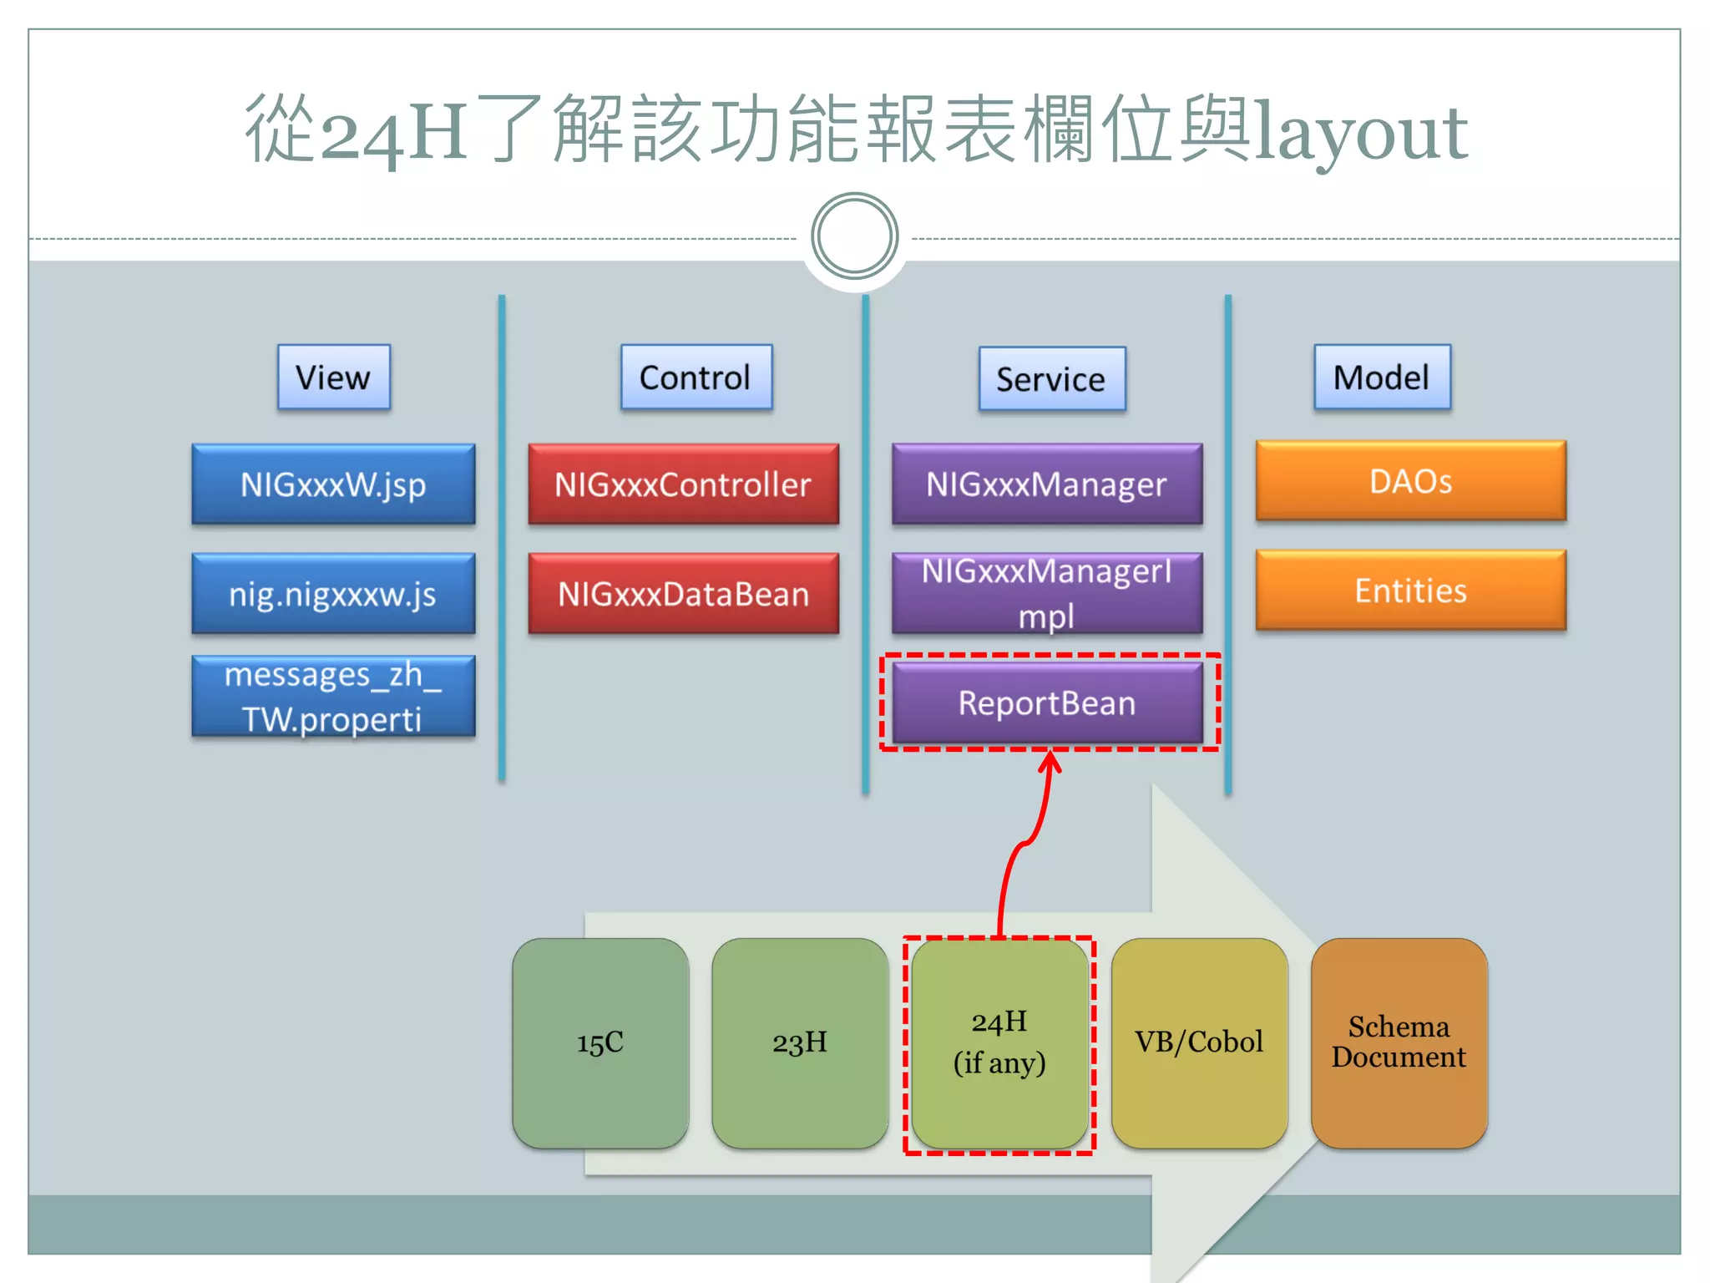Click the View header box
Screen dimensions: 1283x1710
pos(333,378)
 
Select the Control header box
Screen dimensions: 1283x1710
pos(696,378)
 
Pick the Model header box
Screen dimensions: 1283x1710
pos(1382,378)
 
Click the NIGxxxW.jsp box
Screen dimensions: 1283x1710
pos(333,484)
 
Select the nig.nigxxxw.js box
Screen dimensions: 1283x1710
pos(333,594)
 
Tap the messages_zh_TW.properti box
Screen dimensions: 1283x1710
pos(333,697)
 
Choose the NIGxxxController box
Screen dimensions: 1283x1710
pos(683,484)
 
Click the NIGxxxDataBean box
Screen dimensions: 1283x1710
pos(683,594)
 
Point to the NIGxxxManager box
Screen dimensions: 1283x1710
pos(1047,484)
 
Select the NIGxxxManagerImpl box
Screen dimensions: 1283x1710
pos(1047,594)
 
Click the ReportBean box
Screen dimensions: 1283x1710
pos(1047,703)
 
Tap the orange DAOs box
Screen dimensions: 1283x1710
pos(1410,481)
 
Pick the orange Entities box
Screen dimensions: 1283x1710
pos(1410,591)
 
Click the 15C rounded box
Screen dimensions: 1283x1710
pos(600,1043)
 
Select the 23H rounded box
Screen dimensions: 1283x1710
pos(800,1043)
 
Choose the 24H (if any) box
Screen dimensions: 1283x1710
pos(999,1043)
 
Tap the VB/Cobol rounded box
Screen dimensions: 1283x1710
pos(1199,1043)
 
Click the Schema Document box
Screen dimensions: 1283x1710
pos(1399,1043)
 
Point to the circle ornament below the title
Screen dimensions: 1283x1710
pos(854,236)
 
